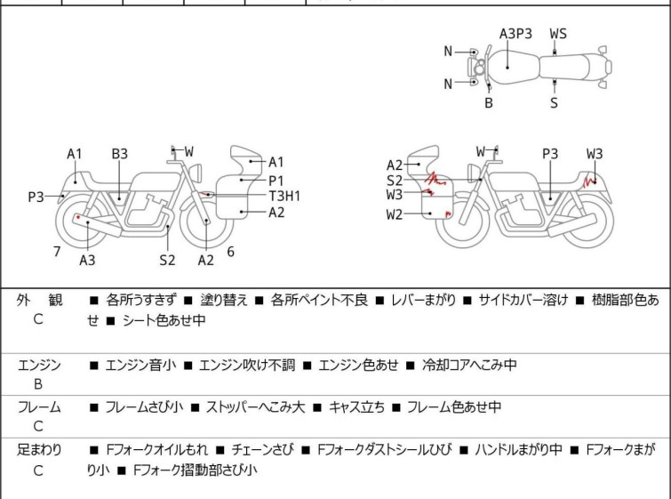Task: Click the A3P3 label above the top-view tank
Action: click(x=515, y=34)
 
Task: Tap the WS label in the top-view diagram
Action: click(x=558, y=34)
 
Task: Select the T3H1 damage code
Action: click(x=284, y=197)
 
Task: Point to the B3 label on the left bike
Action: click(x=119, y=154)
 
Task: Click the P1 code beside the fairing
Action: click(x=276, y=181)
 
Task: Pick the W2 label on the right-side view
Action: click(x=394, y=214)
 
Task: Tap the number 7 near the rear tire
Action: click(x=57, y=252)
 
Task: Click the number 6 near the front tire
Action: click(x=231, y=252)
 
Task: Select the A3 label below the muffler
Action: click(x=87, y=260)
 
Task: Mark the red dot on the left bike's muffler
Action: click(x=78, y=218)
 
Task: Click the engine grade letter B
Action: click(x=38, y=384)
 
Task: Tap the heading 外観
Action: click(x=39, y=300)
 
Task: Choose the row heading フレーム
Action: click(x=39, y=406)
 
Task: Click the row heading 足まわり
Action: click(x=39, y=450)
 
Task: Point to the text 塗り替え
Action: click(x=224, y=300)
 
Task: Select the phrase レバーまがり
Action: click(x=423, y=300)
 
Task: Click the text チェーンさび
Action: click(x=263, y=450)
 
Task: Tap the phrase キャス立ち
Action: click(x=356, y=406)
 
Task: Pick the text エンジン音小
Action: click(x=140, y=365)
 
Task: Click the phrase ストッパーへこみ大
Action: click(x=255, y=406)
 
